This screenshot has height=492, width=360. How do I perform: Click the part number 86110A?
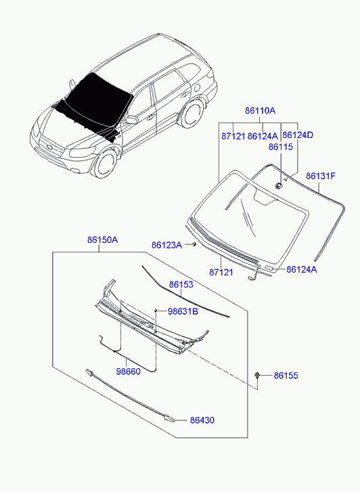coord(260,110)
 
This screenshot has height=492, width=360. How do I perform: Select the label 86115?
coord(281,147)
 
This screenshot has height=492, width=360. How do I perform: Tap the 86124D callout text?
coord(298,135)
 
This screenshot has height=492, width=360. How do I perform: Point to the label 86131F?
coord(321,176)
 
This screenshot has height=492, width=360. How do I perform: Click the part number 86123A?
coord(166,245)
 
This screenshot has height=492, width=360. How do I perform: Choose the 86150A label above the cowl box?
coord(102,240)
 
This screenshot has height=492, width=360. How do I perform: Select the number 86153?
coord(181,285)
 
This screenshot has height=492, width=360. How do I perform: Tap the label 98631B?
coord(183,311)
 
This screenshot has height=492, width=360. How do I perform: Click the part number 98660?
coord(129,371)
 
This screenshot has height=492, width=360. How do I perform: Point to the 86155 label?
coord(286,376)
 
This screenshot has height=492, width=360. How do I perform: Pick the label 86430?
coord(202,420)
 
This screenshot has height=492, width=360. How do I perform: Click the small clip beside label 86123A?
coord(194,244)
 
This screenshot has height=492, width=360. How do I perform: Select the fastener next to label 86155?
coord(257,376)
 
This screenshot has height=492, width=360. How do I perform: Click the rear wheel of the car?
coord(191,113)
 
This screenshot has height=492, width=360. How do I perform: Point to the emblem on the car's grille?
coord(50,147)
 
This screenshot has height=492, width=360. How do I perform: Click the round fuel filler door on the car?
coord(198,87)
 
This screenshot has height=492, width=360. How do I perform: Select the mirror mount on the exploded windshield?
coord(278,185)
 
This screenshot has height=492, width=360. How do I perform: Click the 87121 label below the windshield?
coord(221,272)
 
